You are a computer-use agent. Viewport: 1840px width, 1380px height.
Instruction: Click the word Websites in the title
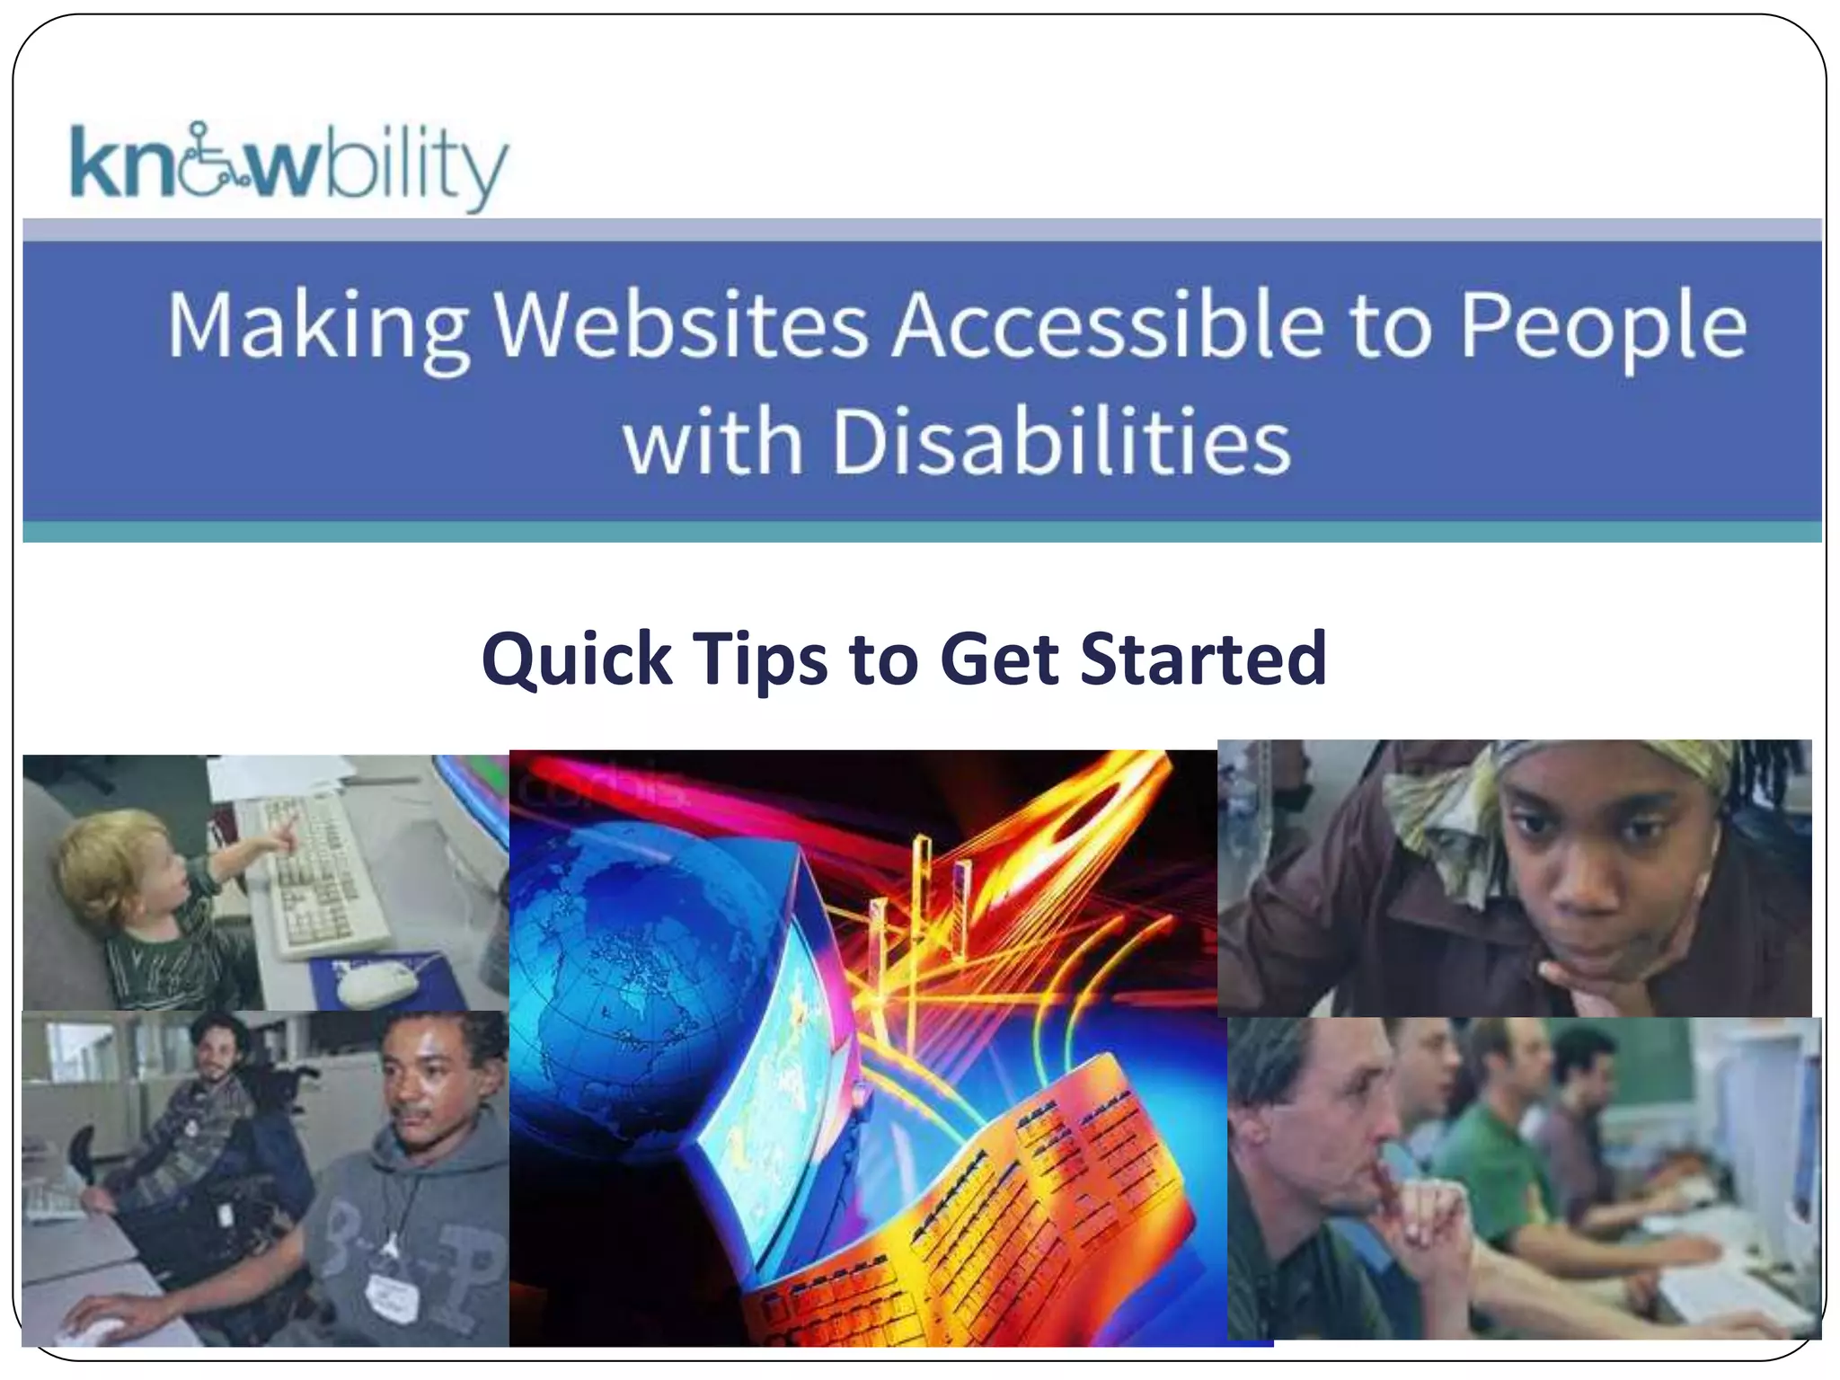(x=681, y=324)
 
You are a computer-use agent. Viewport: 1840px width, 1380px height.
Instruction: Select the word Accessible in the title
(x=1109, y=324)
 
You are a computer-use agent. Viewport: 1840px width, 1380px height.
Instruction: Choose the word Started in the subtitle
(x=1204, y=659)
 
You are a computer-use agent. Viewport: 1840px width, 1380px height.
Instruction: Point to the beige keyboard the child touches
(x=323, y=876)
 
